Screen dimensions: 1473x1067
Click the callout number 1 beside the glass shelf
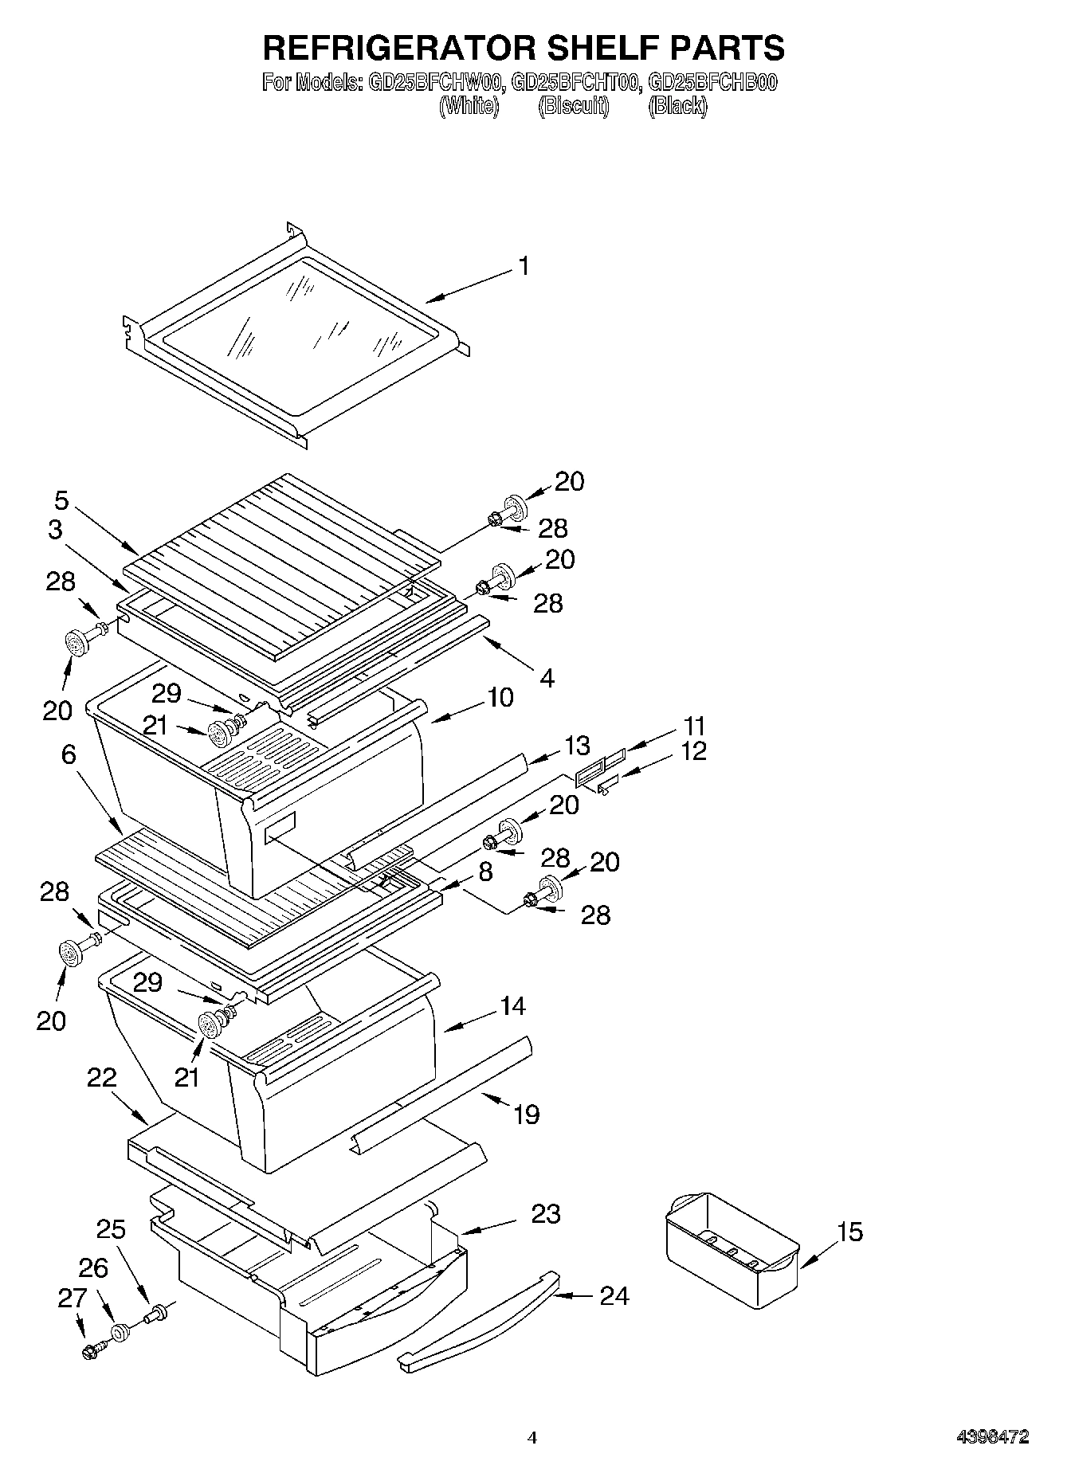[523, 266]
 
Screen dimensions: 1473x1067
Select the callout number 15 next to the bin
[850, 1232]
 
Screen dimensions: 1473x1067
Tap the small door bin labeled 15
[729, 1248]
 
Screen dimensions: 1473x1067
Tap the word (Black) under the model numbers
[677, 106]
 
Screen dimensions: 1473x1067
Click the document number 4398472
[992, 1437]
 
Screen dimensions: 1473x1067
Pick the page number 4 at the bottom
[533, 1438]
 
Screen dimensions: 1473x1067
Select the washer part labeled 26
[120, 1333]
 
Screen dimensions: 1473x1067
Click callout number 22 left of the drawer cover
[102, 1079]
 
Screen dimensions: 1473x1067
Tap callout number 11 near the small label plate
[694, 726]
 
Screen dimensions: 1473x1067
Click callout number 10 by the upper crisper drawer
[500, 698]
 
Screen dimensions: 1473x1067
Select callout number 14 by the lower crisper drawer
[512, 1006]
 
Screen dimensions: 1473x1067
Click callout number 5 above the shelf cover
[61, 501]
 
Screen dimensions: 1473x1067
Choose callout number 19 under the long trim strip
[527, 1114]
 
